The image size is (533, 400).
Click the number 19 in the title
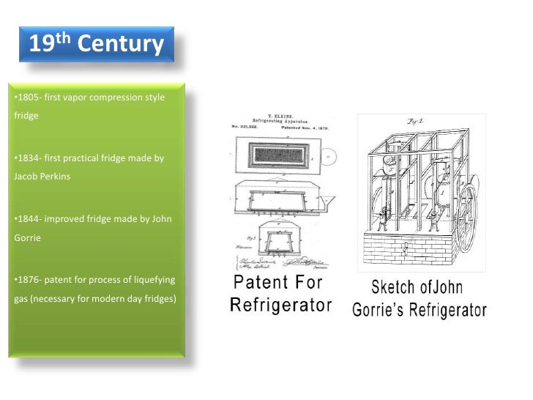click(x=42, y=45)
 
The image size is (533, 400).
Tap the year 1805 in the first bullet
click(x=27, y=98)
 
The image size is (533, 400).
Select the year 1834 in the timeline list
click(x=27, y=158)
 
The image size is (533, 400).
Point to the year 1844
click(x=27, y=218)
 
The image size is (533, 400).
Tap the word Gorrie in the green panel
click(x=29, y=237)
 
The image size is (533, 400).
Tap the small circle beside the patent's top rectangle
click(x=326, y=156)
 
